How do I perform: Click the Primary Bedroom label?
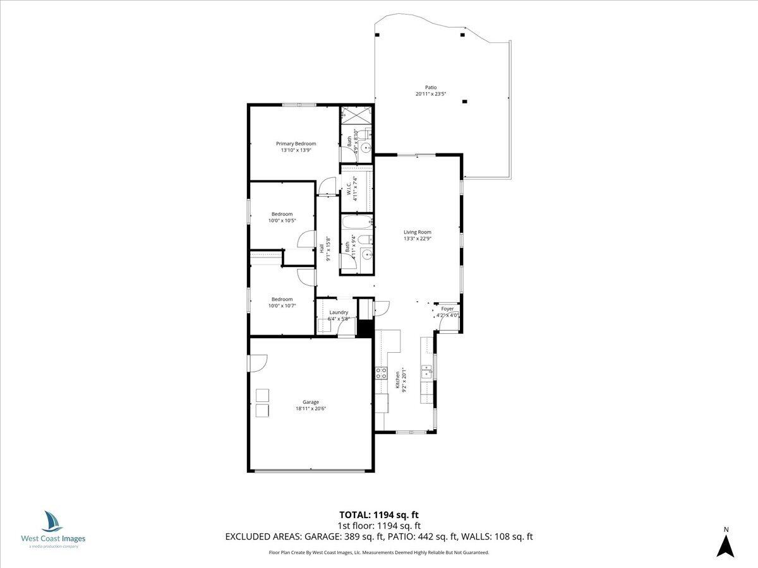[x=296, y=143]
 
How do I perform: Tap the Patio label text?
[x=430, y=88]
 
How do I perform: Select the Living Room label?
[x=417, y=232]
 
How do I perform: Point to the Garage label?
[x=310, y=402]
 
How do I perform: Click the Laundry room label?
[x=339, y=312]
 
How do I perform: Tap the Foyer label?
[x=447, y=309]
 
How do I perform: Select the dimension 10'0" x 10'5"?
[x=282, y=220]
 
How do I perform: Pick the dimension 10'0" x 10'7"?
[x=282, y=305]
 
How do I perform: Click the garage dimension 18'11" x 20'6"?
[x=310, y=408]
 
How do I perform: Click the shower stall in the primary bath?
[x=356, y=115]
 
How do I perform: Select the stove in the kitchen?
[x=382, y=373]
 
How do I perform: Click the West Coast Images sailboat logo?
[x=52, y=521]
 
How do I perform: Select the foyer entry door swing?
[x=447, y=323]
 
